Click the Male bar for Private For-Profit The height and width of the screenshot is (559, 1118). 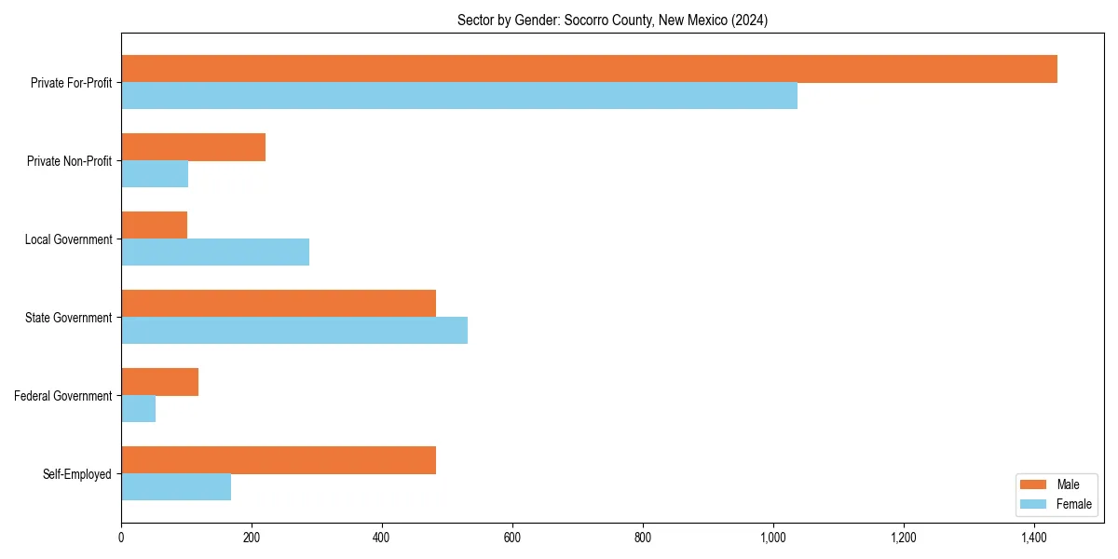point(589,69)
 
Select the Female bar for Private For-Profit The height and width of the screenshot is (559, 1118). point(459,96)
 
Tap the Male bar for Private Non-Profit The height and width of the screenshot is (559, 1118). point(193,147)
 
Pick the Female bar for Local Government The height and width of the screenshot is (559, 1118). point(215,252)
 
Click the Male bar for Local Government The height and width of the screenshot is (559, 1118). point(154,225)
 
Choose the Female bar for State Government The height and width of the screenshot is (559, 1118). point(294,331)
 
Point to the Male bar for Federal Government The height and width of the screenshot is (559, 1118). point(159,382)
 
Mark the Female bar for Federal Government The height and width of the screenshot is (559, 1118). point(138,409)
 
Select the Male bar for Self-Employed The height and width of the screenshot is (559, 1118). point(279,460)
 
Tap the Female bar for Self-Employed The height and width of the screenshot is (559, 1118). point(176,487)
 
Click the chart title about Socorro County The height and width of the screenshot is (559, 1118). point(612,20)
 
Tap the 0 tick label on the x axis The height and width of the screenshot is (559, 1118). point(121,538)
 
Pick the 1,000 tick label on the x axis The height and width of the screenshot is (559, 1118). point(772,538)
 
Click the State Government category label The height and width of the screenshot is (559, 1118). point(68,318)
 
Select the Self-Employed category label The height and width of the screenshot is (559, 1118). point(76,474)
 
